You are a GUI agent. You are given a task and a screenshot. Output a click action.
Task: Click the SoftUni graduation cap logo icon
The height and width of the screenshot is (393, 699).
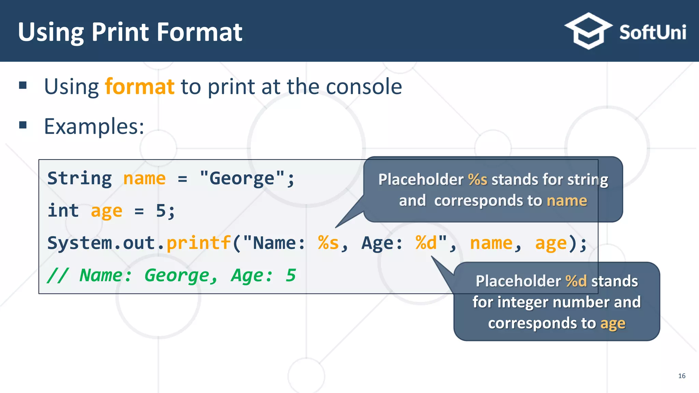click(x=588, y=31)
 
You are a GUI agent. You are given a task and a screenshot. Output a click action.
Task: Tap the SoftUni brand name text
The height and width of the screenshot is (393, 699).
click(x=652, y=33)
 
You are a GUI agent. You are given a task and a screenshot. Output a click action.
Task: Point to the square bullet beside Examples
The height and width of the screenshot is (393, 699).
click(x=23, y=125)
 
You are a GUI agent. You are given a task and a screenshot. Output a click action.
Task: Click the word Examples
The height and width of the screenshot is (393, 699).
click(x=94, y=127)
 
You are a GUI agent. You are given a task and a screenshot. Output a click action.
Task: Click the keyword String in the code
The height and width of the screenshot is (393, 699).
click(x=80, y=178)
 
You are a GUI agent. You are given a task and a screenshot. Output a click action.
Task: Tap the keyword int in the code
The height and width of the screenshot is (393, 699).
click(x=63, y=210)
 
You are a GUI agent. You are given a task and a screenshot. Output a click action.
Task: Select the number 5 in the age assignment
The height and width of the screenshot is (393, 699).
click(x=161, y=210)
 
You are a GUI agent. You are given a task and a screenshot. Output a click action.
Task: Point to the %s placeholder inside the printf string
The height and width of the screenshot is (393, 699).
click(x=328, y=243)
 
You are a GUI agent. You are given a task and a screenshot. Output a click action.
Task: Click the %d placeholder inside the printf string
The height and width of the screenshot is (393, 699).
click(x=426, y=243)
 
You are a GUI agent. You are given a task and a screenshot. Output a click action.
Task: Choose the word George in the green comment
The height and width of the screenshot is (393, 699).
click(x=177, y=275)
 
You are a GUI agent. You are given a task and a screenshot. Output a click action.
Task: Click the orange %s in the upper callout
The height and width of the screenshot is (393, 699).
click(x=477, y=179)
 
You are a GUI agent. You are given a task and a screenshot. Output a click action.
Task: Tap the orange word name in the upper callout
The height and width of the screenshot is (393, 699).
click(x=567, y=201)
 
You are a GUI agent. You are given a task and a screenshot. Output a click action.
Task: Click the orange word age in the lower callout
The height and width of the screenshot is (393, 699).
click(x=613, y=323)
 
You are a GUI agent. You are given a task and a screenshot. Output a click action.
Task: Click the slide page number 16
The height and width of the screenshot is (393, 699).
click(x=682, y=376)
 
